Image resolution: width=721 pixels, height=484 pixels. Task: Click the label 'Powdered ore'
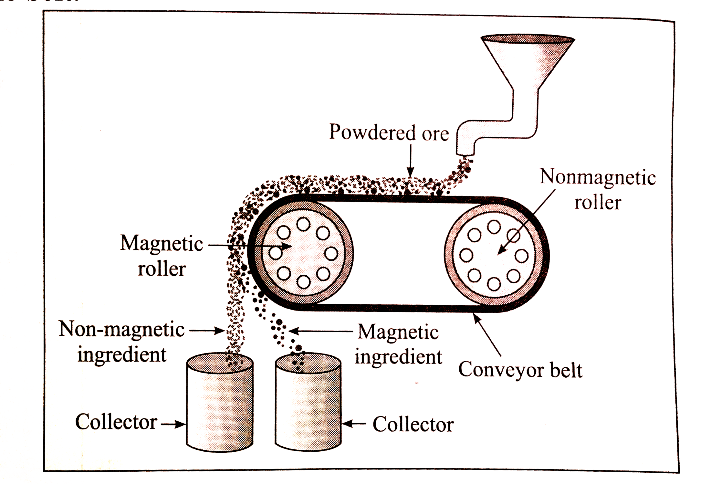coord(389,133)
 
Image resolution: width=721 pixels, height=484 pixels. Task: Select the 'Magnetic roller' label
coord(161,256)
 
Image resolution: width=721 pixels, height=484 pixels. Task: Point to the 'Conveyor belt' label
coord(520,369)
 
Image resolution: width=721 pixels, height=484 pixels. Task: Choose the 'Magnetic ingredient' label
coord(398,344)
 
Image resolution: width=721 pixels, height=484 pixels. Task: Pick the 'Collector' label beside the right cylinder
coord(413,424)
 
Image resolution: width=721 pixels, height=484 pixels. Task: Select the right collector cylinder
coord(308,402)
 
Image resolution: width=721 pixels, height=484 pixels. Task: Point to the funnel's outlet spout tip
coord(465,153)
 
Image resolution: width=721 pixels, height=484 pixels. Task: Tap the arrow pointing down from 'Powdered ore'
coord(410,161)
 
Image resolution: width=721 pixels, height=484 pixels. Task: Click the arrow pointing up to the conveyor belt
coord(487,334)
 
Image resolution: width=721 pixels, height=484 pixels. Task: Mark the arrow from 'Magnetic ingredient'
coord(321,331)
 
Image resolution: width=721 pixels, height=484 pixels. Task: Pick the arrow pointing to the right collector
coord(354,423)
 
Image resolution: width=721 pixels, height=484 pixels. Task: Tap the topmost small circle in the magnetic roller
coord(303,224)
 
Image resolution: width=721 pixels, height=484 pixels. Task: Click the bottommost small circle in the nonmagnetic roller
coord(494,284)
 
